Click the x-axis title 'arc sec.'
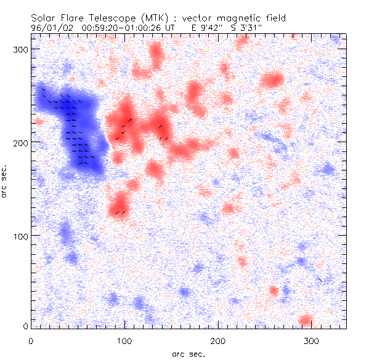188,354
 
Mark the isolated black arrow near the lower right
320,280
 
